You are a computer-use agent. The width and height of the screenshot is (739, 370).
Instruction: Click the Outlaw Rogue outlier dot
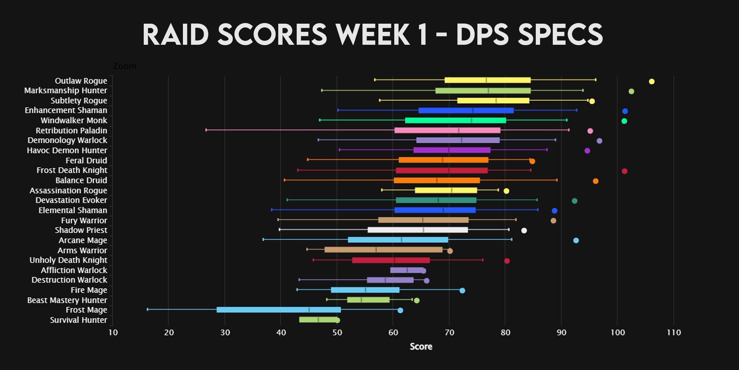tap(651, 81)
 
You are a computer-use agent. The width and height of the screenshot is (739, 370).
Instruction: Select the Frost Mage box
tap(278, 310)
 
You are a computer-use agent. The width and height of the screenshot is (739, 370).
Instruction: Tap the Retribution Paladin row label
tap(71, 131)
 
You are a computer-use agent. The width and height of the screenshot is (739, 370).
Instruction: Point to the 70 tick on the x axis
tap(449, 332)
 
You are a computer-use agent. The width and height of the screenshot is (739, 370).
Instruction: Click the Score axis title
tap(421, 347)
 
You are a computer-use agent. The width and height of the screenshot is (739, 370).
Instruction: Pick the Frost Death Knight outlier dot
tap(624, 171)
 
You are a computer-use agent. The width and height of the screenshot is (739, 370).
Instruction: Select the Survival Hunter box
tap(318, 320)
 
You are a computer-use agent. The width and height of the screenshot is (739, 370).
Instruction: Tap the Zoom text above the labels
tap(125, 66)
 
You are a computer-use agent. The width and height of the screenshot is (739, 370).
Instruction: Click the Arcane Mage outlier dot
tap(576, 240)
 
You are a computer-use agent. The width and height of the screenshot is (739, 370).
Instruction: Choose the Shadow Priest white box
tap(418, 230)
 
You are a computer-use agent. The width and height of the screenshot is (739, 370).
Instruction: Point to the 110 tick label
tap(674, 332)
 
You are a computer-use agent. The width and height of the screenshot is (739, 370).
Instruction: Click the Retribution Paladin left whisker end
tap(206, 130)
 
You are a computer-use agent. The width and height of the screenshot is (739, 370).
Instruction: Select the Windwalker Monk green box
tap(455, 120)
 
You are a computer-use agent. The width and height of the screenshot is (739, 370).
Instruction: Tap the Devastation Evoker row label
tap(71, 200)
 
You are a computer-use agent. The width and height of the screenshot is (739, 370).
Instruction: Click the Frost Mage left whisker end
tap(147, 309)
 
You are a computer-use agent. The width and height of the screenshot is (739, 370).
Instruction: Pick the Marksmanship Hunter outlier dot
tap(631, 91)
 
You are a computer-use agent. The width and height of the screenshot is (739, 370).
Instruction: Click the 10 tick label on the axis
tap(113, 332)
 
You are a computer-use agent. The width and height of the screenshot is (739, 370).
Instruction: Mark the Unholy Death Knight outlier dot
tap(507, 261)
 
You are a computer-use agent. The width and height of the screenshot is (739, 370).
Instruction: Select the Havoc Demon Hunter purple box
tap(452, 150)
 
